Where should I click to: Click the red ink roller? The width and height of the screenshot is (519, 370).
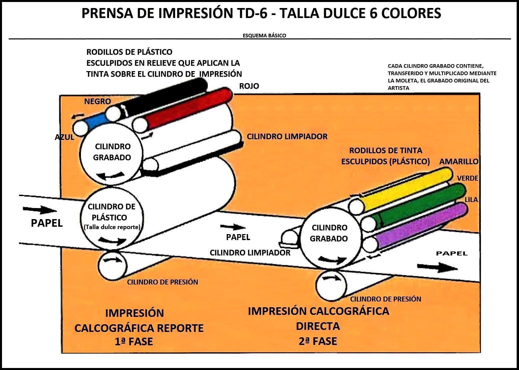coord(187,110)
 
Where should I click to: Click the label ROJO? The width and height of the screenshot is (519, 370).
coord(249,86)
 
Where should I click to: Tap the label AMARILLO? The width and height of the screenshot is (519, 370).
coord(459,162)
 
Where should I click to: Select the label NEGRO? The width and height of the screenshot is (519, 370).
coord(97,102)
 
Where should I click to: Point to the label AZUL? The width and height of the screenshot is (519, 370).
coord(64,137)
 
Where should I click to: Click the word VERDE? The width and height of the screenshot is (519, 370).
coord(468,178)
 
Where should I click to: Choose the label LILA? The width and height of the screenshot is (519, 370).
coord(471,200)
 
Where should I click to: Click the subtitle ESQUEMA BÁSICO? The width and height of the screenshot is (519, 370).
coord(264,35)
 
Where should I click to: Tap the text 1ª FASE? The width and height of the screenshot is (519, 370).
coord(134,342)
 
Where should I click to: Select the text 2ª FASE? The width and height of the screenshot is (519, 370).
coord(318,341)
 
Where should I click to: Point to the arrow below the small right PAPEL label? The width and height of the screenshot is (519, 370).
coord(437,267)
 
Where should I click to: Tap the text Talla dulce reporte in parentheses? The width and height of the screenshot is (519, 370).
coord(112,227)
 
